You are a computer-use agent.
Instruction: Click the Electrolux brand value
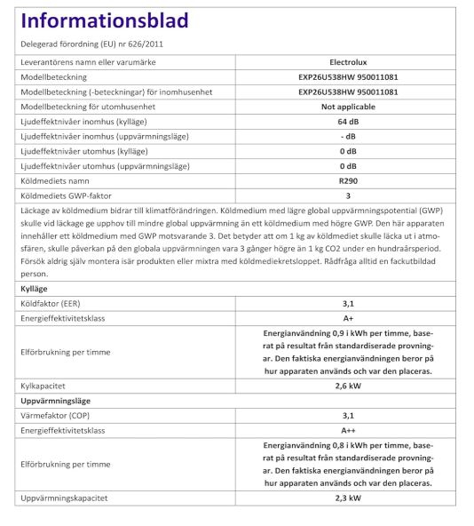coord(348,63)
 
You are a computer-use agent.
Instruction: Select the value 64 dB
coord(348,121)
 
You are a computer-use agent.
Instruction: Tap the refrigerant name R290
coord(348,180)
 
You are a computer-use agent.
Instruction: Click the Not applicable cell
coord(348,107)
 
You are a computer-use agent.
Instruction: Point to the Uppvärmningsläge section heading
coord(56,401)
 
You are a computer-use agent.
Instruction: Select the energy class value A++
coord(348,430)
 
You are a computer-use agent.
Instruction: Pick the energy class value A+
coord(348,318)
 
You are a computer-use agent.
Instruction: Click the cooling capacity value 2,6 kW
coord(348,387)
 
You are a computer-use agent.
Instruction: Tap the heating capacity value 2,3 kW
coord(348,498)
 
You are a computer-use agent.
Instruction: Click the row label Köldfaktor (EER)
coord(52,304)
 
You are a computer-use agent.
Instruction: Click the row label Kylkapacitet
coord(44,387)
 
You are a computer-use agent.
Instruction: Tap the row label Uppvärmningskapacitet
coord(63,498)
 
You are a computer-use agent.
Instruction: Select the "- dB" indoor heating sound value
coord(348,136)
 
